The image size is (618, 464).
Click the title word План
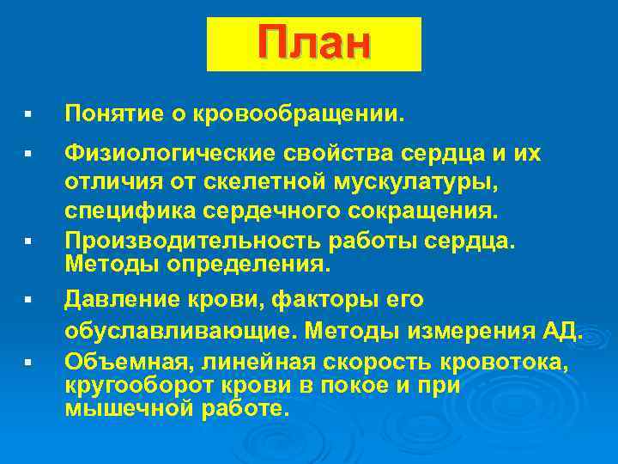(x=313, y=44)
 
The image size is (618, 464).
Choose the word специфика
(x=121, y=211)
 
